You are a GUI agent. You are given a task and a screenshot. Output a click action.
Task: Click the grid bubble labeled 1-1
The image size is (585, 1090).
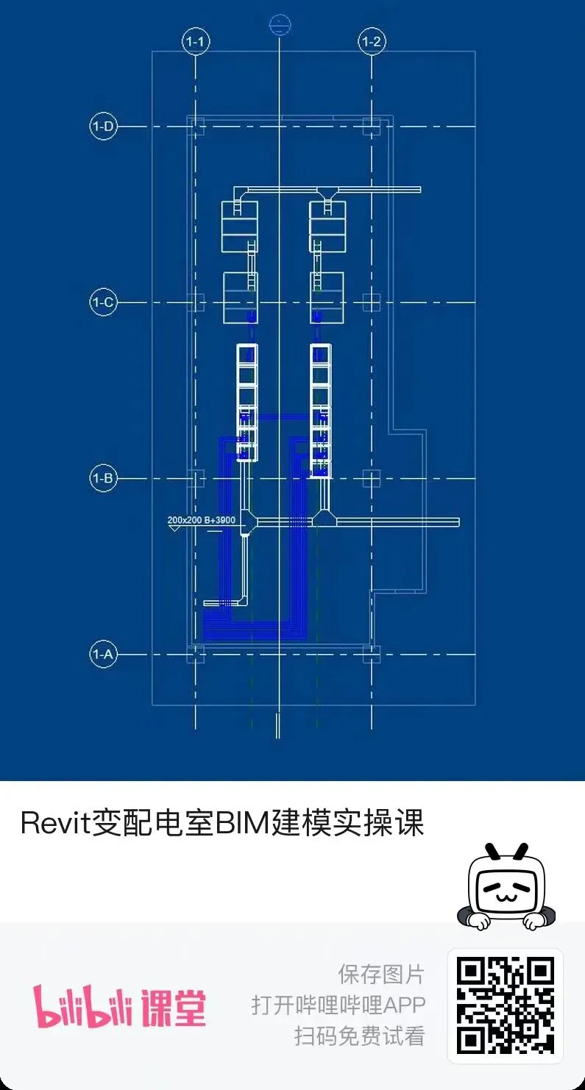(195, 42)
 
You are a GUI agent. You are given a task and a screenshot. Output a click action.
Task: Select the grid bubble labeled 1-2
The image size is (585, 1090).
(372, 42)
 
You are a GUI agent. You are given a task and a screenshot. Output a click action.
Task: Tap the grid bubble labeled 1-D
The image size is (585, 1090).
(103, 127)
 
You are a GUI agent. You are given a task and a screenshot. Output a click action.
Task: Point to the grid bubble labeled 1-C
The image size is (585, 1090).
(103, 302)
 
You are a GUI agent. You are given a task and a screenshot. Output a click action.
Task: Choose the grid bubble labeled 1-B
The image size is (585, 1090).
(103, 479)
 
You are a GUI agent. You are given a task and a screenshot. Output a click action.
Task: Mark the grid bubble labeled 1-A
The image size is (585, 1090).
(103, 654)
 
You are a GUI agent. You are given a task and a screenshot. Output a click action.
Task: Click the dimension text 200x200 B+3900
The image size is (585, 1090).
(201, 520)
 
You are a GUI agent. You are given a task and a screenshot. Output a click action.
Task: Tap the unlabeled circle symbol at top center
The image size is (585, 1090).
(279, 26)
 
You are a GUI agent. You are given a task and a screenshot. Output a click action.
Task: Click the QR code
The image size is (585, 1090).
(505, 1005)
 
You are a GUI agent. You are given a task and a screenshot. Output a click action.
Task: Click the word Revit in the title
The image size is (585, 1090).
(54, 823)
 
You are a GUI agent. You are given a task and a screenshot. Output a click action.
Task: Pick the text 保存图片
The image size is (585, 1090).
(381, 975)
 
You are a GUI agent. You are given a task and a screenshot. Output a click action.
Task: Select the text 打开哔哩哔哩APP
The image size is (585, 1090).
(338, 1005)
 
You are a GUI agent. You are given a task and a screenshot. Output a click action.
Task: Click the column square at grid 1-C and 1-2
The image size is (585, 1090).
(372, 302)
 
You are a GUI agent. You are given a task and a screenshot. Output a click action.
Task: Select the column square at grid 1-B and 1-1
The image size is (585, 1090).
(195, 479)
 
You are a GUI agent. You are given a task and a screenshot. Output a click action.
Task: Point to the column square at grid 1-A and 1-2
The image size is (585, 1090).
(372, 654)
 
